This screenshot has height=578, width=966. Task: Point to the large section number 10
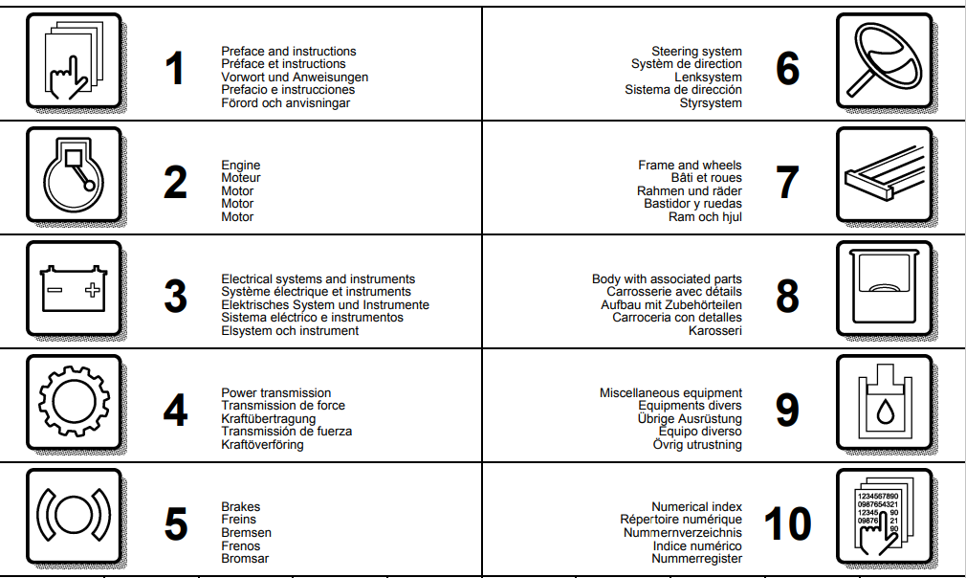(787, 522)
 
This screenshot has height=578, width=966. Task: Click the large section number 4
(175, 410)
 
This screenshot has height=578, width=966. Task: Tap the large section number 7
(786, 182)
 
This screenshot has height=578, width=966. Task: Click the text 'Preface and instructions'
(288, 52)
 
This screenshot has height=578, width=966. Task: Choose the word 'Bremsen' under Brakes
(246, 533)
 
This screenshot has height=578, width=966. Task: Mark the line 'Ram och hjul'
(705, 217)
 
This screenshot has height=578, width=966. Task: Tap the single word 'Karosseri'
(714, 331)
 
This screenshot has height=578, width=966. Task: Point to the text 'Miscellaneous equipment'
(670, 393)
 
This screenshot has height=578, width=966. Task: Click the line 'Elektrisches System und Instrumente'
(325, 305)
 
